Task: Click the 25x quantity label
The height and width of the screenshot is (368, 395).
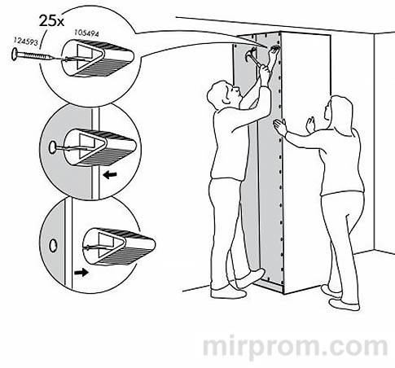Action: (x=51, y=20)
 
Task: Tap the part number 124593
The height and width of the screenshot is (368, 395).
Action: (x=26, y=42)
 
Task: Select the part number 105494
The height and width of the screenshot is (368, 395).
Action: (x=86, y=33)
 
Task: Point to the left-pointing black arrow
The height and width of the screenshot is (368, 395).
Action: (x=110, y=174)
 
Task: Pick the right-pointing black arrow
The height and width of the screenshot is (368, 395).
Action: (x=81, y=272)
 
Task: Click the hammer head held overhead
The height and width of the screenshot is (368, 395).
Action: (x=250, y=55)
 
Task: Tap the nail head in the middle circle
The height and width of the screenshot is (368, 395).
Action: (x=52, y=147)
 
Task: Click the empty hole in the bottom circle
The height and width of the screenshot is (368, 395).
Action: (x=53, y=245)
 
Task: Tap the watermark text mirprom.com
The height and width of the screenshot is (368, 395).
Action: (x=295, y=348)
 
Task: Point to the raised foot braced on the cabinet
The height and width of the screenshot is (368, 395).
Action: (x=250, y=278)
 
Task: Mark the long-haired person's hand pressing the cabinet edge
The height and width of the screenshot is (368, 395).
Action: (x=279, y=127)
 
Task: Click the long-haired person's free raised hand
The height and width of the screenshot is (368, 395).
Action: (x=310, y=125)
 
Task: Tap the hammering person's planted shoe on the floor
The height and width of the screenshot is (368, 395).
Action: (x=229, y=293)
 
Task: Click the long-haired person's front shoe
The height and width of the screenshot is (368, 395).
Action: (x=344, y=304)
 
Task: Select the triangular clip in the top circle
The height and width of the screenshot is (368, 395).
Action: (x=90, y=59)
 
